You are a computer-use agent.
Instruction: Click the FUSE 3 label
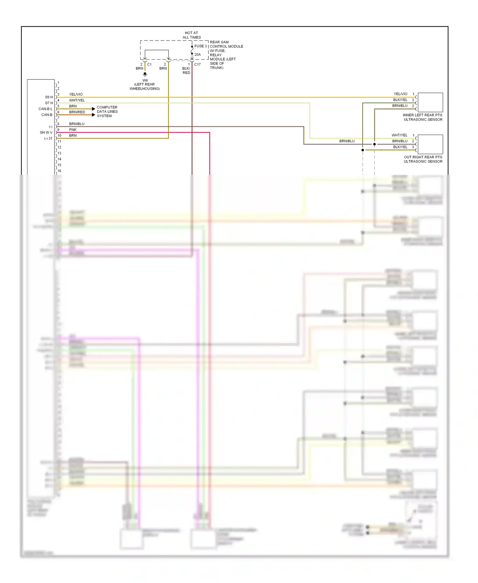(x=200, y=46)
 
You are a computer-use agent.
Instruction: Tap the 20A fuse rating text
(x=198, y=55)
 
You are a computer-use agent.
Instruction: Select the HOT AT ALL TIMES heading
(x=192, y=35)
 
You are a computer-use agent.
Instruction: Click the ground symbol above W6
(x=145, y=74)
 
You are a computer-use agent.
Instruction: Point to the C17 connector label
(x=198, y=64)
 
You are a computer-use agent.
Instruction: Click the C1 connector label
(x=149, y=64)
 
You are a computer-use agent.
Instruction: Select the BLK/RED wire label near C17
(x=186, y=70)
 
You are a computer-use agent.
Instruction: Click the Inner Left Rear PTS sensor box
(x=430, y=102)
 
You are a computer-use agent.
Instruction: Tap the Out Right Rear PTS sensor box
(x=430, y=144)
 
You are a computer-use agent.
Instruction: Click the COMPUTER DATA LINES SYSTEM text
(x=107, y=112)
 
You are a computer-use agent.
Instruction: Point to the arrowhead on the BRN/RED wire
(x=93, y=115)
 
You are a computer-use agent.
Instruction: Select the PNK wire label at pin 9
(x=73, y=130)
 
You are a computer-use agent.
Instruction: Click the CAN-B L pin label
(x=45, y=109)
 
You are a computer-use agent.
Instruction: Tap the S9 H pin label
(x=49, y=97)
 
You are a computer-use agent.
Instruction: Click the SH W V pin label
(x=46, y=132)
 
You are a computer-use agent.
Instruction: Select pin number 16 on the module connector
(x=59, y=171)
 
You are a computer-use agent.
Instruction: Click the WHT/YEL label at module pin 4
(x=77, y=100)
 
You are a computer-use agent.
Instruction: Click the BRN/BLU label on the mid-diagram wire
(x=347, y=141)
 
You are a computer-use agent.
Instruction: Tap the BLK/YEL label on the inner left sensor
(x=400, y=100)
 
